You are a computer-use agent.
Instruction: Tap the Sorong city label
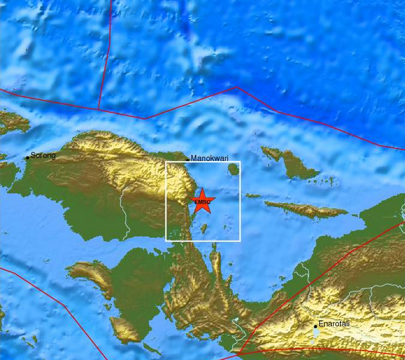click(x=43, y=155)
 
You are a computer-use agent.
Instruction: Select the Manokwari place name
click(x=210, y=158)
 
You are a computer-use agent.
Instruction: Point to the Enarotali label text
click(x=334, y=324)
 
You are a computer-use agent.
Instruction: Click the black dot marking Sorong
click(x=27, y=158)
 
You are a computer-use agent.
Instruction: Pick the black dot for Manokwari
click(x=187, y=159)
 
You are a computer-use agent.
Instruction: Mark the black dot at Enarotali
click(x=315, y=326)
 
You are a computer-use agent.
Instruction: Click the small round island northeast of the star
click(x=234, y=169)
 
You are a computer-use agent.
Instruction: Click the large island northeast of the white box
click(x=290, y=163)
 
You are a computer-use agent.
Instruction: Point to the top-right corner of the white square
click(x=240, y=162)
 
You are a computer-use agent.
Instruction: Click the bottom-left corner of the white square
click(x=166, y=240)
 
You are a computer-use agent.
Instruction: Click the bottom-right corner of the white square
click(x=240, y=240)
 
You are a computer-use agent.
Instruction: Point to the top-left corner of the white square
click(x=166, y=162)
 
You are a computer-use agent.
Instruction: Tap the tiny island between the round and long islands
click(x=253, y=196)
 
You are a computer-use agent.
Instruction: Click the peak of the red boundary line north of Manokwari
click(x=237, y=87)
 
